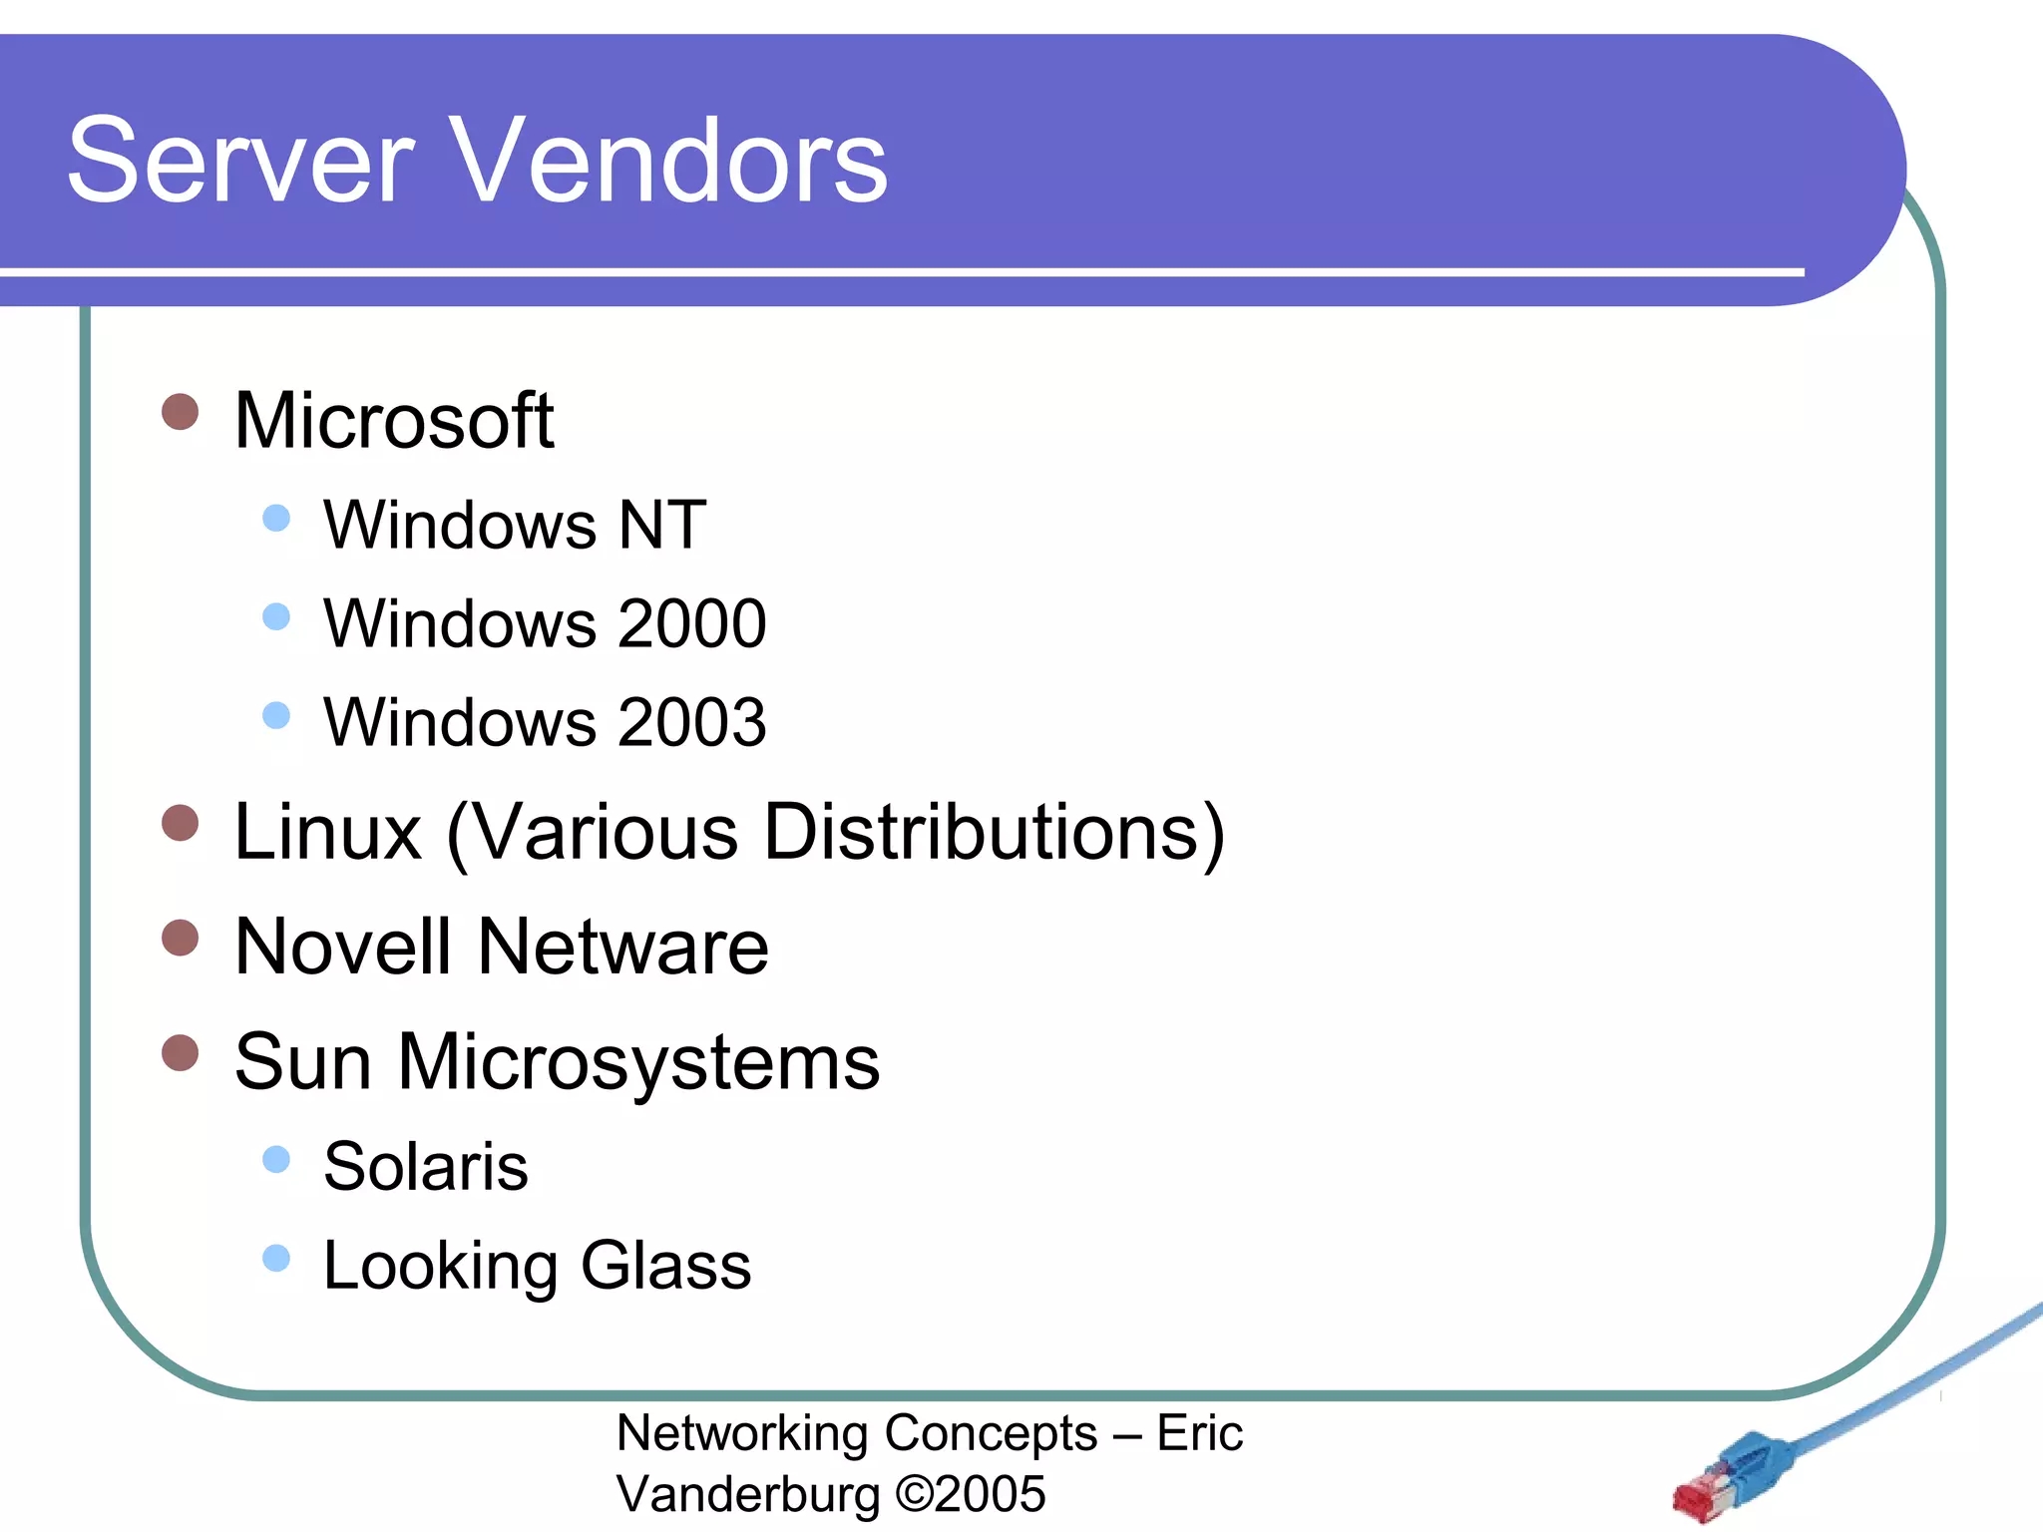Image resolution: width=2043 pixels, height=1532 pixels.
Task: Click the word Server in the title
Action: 239,162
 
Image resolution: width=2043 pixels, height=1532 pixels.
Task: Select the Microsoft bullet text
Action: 393,421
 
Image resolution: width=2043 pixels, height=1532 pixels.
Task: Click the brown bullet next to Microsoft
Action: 181,411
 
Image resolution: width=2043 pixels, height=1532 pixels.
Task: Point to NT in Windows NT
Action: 661,525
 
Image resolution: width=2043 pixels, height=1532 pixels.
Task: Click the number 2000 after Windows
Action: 691,623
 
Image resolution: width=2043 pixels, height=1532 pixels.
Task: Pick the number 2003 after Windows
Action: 691,722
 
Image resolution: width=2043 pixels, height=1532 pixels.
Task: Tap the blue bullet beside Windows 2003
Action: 276,715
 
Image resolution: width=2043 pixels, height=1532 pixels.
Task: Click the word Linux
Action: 327,832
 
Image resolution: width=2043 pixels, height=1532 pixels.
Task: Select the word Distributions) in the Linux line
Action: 994,832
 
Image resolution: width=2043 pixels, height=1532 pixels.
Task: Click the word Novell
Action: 342,947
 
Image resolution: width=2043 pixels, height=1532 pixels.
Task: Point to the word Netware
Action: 622,947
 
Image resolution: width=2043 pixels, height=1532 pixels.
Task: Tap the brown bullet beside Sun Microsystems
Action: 181,1052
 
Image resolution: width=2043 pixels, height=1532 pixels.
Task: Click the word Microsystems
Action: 638,1063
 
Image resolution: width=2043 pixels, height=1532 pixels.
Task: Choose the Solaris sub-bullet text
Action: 426,1166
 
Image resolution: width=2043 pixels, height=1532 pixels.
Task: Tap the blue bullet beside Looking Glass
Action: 276,1258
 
